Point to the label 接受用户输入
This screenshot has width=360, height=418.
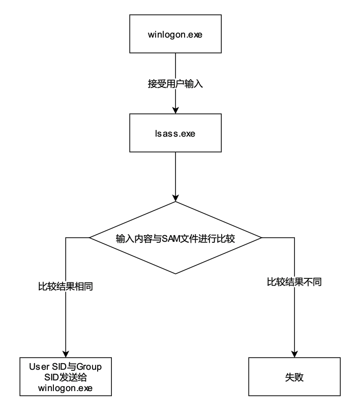point(175,84)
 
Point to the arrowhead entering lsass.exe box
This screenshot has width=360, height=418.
point(175,110)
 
